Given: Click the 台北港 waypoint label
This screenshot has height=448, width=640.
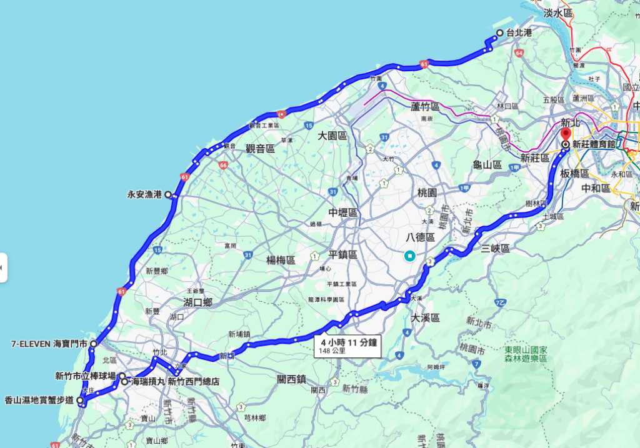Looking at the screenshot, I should click(x=519, y=32).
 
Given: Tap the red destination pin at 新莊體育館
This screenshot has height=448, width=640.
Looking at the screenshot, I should click(x=566, y=134).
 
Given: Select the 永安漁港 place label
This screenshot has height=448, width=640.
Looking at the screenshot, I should click(x=145, y=194).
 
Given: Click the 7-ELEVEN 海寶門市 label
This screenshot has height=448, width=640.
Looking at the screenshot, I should click(x=50, y=343).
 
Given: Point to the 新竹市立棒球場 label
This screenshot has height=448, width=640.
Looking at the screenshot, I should click(x=85, y=376).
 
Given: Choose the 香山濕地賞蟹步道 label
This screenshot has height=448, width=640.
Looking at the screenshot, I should click(x=39, y=400).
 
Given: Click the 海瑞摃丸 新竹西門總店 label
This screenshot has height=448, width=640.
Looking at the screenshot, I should click(x=175, y=381).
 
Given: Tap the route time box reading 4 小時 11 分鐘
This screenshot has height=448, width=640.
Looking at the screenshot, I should click(x=349, y=342).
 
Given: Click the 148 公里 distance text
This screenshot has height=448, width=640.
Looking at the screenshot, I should click(x=332, y=351).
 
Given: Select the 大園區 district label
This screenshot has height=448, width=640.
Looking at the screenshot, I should click(x=332, y=136).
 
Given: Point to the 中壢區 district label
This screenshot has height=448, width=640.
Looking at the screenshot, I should click(x=344, y=212).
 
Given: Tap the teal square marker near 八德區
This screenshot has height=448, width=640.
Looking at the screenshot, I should click(x=409, y=255).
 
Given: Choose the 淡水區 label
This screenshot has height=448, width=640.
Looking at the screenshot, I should click(x=558, y=13).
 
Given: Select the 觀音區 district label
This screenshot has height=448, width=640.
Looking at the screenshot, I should click(x=260, y=148).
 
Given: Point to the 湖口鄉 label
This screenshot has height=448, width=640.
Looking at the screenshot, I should click(x=198, y=302).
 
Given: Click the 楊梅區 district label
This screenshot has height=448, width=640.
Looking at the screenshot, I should click(x=280, y=260).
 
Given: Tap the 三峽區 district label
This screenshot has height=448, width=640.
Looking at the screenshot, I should click(x=496, y=249).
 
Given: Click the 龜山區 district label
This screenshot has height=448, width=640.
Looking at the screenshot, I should click(x=487, y=165).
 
